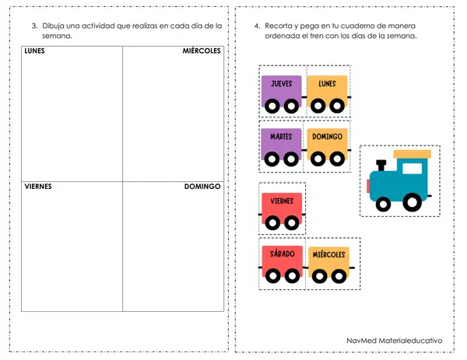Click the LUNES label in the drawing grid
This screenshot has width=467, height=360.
[x=34, y=51]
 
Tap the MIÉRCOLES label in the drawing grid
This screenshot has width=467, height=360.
[x=202, y=51]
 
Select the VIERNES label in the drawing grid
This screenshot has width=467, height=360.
[x=38, y=187]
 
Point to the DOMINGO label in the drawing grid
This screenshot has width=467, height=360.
[x=202, y=187]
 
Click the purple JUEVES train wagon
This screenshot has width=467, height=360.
[x=282, y=94]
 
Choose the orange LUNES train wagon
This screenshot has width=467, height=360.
[x=328, y=94]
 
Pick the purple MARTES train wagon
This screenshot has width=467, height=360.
[x=281, y=147]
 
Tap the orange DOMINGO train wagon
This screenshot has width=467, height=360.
[x=328, y=147]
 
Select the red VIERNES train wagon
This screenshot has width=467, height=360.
[x=282, y=211]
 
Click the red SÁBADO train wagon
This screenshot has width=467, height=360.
[x=283, y=264]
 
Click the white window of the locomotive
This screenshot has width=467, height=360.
[x=413, y=169]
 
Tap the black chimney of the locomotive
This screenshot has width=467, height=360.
[x=381, y=165]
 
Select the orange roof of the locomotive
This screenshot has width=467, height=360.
[x=413, y=154]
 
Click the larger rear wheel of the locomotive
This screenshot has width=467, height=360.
[x=413, y=202]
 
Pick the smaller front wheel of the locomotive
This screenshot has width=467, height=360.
[x=383, y=204]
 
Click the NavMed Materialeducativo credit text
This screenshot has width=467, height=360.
[x=395, y=341]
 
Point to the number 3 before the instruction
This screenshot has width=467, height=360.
[x=34, y=26]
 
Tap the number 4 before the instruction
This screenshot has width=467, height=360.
[x=257, y=26]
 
